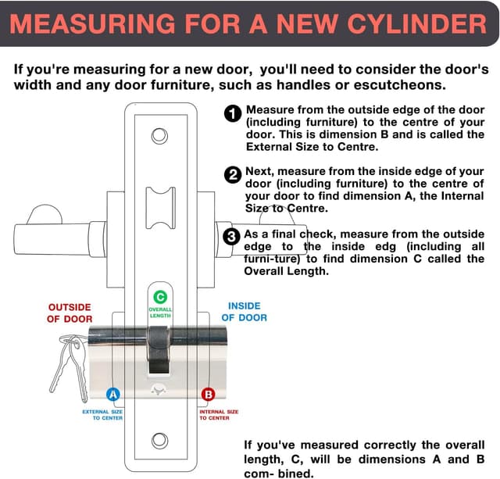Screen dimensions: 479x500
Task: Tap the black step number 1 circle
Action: pyautogui.click(x=233, y=115)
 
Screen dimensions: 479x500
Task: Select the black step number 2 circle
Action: pyautogui.click(x=233, y=175)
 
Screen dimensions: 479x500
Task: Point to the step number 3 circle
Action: pyautogui.click(x=232, y=236)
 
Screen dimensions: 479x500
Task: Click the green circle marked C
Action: pyautogui.click(x=160, y=297)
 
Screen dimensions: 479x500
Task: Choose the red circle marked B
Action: pyautogui.click(x=208, y=395)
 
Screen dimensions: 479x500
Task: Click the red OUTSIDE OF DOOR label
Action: pyautogui.click(x=70, y=313)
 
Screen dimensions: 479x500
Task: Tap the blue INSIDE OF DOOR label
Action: pyautogui.click(x=244, y=311)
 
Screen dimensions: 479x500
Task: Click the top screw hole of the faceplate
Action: pyautogui.click(x=160, y=137)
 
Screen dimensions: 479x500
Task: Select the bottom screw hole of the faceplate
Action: pyautogui.click(x=160, y=441)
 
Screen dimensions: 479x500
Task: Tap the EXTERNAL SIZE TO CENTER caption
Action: pyautogui.click(x=102, y=414)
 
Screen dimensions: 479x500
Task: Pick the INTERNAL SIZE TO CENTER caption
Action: pyautogui.click(x=219, y=414)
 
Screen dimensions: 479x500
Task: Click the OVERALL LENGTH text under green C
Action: pyautogui.click(x=160, y=313)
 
